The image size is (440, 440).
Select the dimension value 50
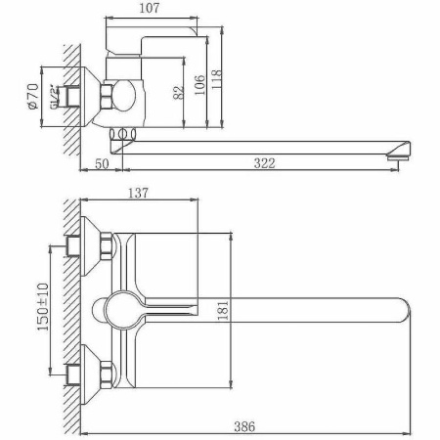coord(102,164)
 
